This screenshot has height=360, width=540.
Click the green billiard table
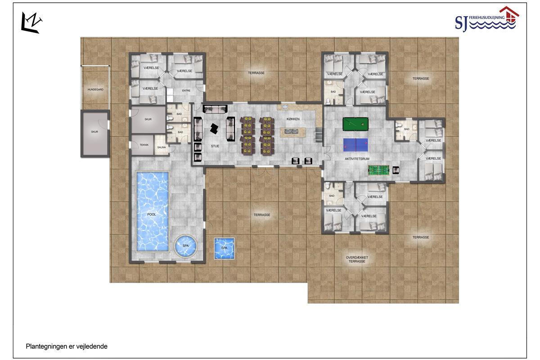(355, 124)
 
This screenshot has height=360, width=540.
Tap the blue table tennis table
(355, 145)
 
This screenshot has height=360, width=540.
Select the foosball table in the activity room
(378, 170)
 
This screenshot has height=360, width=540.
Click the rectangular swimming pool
(153, 211)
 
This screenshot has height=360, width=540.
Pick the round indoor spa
(185, 246)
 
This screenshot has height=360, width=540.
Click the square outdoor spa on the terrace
(224, 248)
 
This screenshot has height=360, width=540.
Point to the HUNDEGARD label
(95, 90)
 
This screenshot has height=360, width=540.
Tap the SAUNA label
(162, 147)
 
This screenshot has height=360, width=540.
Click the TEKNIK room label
(144, 145)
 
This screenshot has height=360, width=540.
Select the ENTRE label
(186, 90)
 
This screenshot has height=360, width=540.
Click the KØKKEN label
(293, 119)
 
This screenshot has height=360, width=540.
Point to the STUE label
(215, 146)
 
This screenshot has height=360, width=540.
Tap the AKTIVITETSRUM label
(357, 159)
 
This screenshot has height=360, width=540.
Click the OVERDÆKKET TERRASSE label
(357, 259)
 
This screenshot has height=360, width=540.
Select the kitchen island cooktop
(291, 131)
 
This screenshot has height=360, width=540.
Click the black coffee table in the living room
(214, 129)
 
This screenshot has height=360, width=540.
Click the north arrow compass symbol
(31, 23)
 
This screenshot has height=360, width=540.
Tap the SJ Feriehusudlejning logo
(487, 20)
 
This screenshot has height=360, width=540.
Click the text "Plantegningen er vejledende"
(67, 346)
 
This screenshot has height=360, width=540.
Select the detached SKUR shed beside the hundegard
(95, 134)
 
